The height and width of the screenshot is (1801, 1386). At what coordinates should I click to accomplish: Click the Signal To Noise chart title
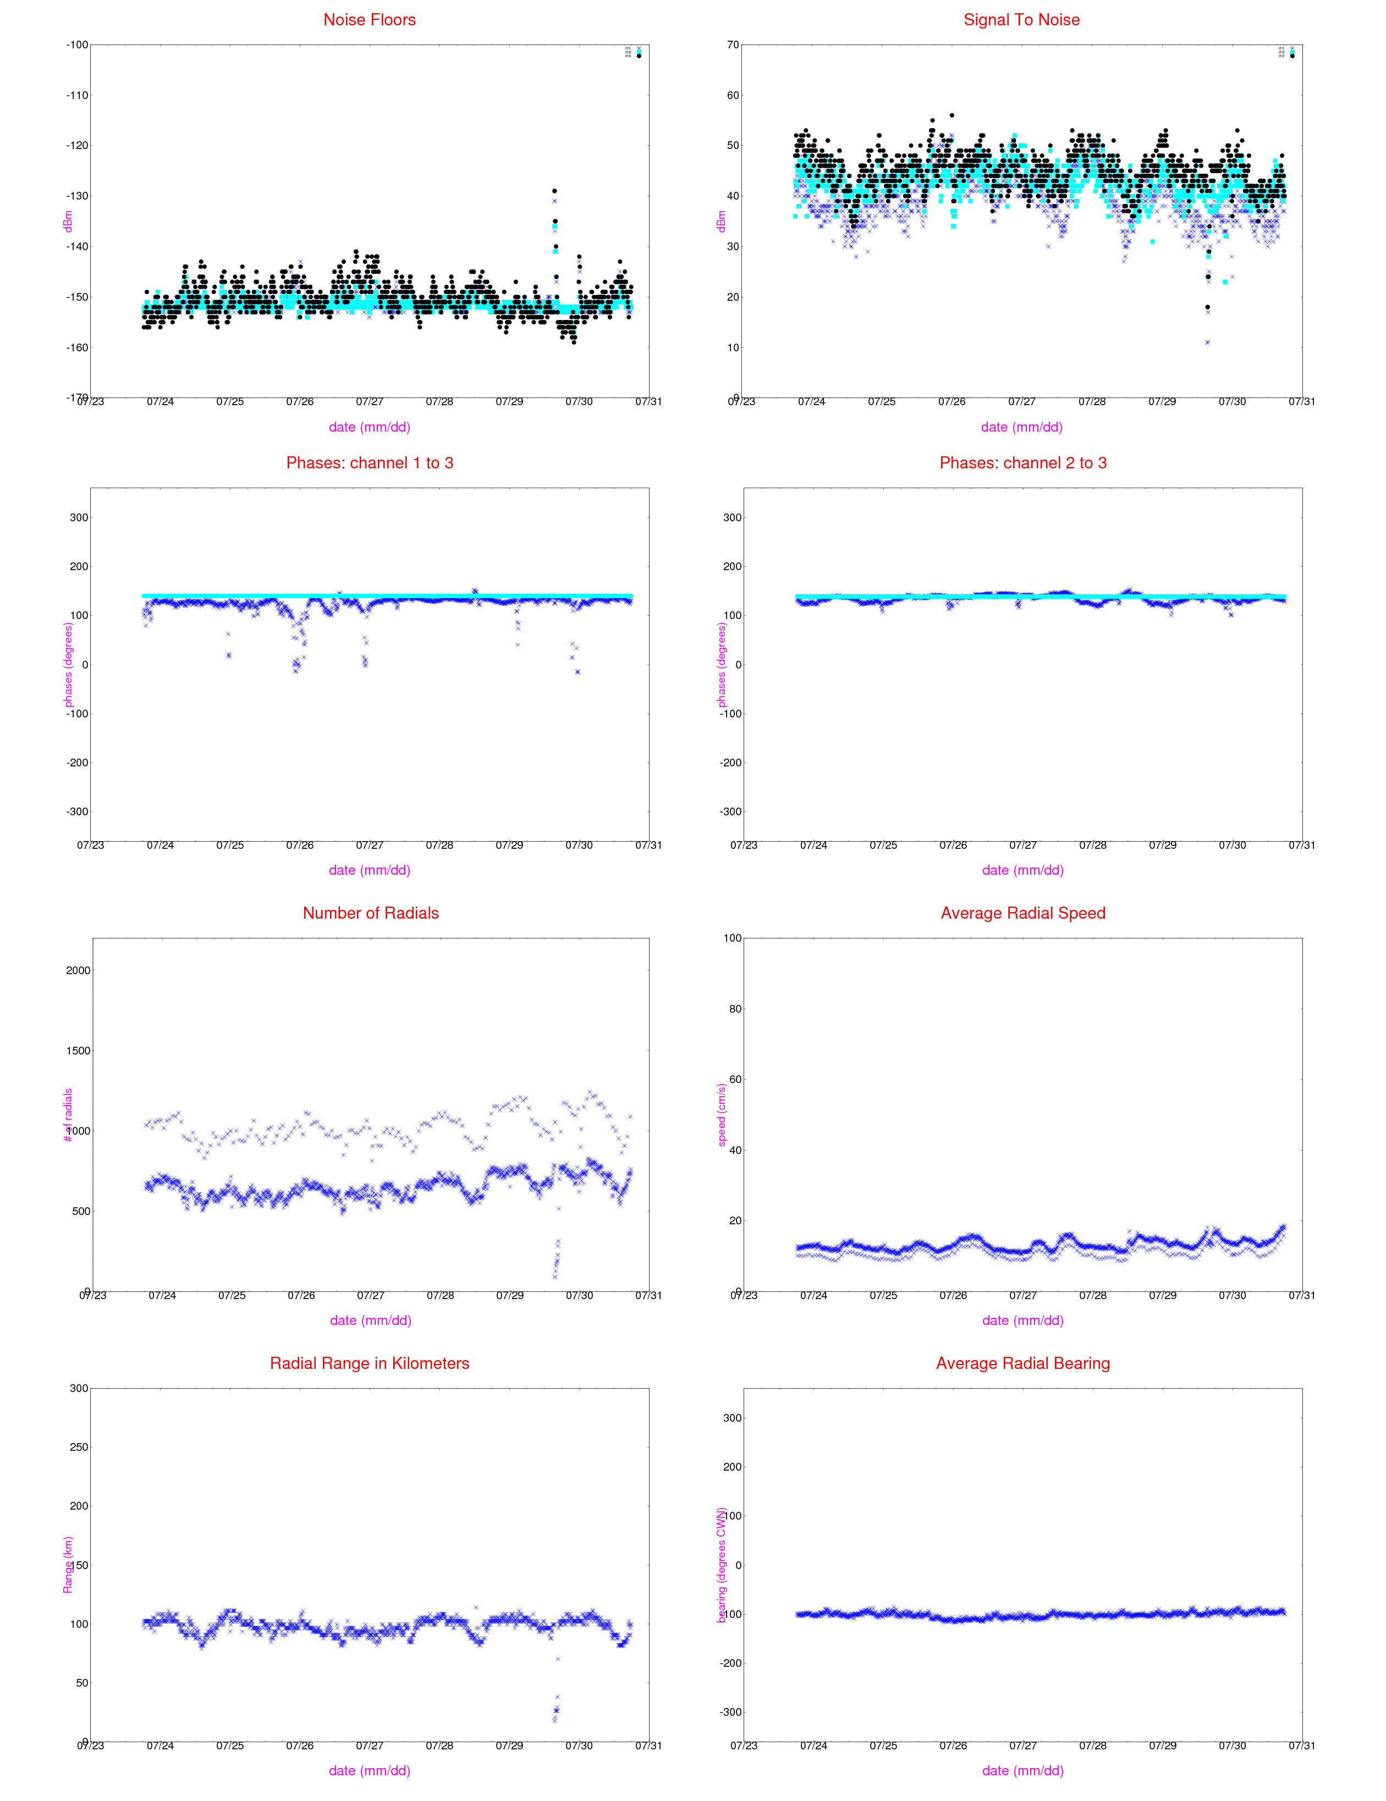tap(1021, 20)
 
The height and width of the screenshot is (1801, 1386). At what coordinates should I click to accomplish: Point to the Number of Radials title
tap(371, 913)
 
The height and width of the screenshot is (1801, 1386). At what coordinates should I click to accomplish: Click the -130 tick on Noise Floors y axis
tap(77, 196)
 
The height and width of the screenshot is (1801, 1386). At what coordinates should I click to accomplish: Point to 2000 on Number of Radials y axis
tap(78, 971)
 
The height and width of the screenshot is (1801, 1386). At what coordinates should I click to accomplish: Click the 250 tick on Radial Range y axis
tap(78, 1447)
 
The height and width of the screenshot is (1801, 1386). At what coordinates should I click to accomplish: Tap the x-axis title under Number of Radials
tap(371, 1321)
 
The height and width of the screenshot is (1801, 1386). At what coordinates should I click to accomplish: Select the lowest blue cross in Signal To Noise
tap(1207, 342)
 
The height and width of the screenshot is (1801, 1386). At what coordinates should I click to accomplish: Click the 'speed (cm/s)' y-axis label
tap(722, 1115)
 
